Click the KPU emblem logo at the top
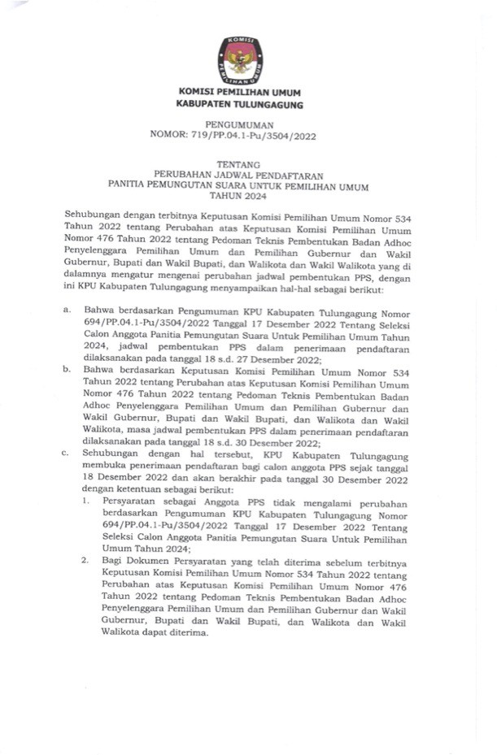[240, 62]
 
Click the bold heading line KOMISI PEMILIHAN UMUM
[240, 94]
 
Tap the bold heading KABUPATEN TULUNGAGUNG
[240, 106]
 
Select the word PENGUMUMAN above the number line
[239, 125]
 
